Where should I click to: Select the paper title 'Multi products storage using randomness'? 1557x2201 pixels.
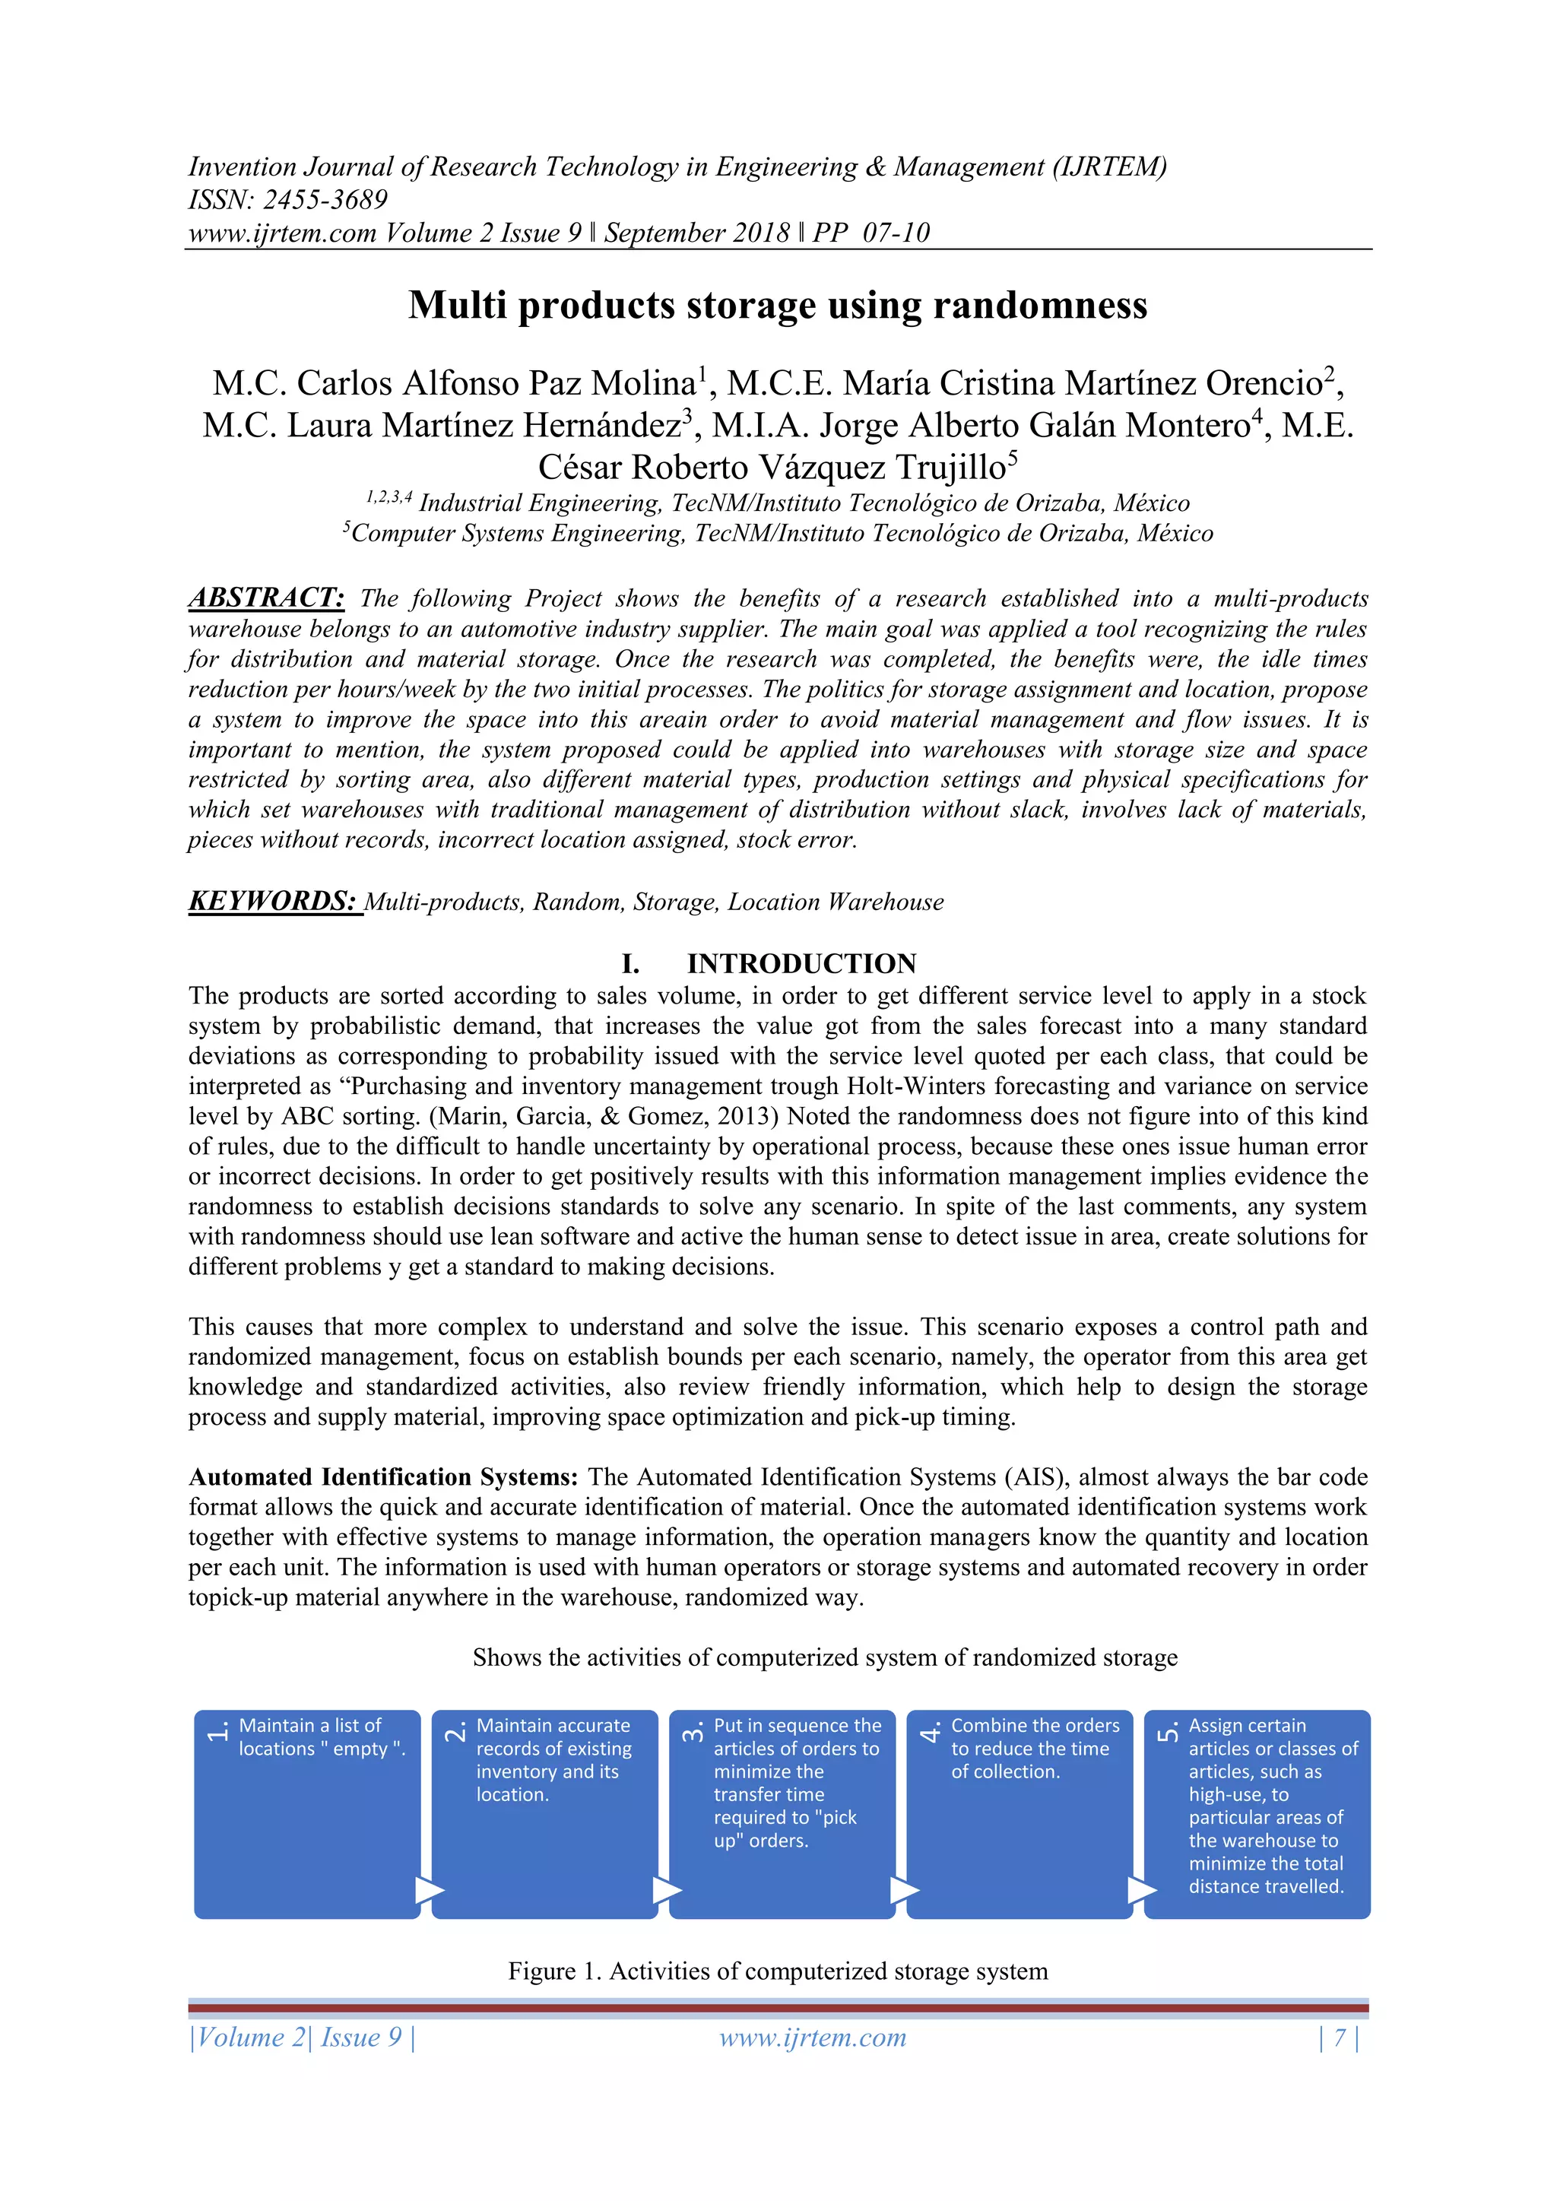tap(778, 306)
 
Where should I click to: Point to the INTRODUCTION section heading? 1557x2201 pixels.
tap(801, 963)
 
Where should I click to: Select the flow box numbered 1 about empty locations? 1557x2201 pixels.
tap(307, 1814)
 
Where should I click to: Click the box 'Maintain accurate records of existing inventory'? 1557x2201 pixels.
tap(544, 1814)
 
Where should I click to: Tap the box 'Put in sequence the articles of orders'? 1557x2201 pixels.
tap(782, 1814)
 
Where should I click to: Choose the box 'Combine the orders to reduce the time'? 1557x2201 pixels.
tap(1020, 1814)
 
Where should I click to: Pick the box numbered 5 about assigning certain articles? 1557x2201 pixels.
tap(1257, 1814)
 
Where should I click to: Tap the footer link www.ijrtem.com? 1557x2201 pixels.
tap(813, 2037)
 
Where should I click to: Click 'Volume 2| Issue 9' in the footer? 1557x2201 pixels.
tap(302, 2037)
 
